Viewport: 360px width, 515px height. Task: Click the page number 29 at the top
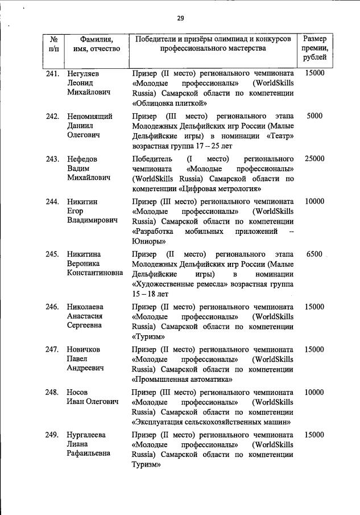(180, 18)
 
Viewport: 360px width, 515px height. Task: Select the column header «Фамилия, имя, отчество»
(93, 44)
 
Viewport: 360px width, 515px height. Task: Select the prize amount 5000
(315, 116)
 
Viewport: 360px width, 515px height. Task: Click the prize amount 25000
(315, 159)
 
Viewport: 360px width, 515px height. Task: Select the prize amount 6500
(315, 254)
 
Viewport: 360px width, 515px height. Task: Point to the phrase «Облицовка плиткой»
(161, 104)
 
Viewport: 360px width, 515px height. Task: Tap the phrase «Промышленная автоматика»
(182, 379)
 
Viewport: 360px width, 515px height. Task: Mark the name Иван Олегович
(93, 402)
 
